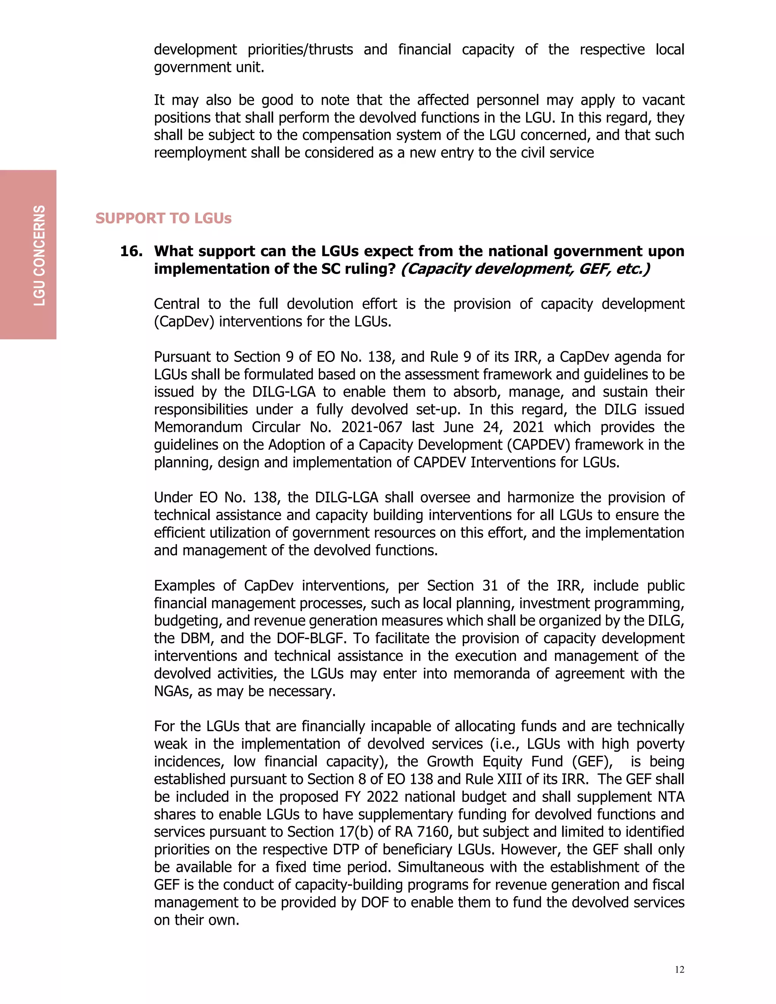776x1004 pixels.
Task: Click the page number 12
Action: click(x=679, y=970)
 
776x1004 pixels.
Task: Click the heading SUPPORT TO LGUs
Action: click(x=163, y=218)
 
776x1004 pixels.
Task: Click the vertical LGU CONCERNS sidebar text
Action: click(x=39, y=255)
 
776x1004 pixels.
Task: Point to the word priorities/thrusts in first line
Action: click(x=300, y=50)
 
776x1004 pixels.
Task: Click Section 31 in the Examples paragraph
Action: click(x=462, y=585)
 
